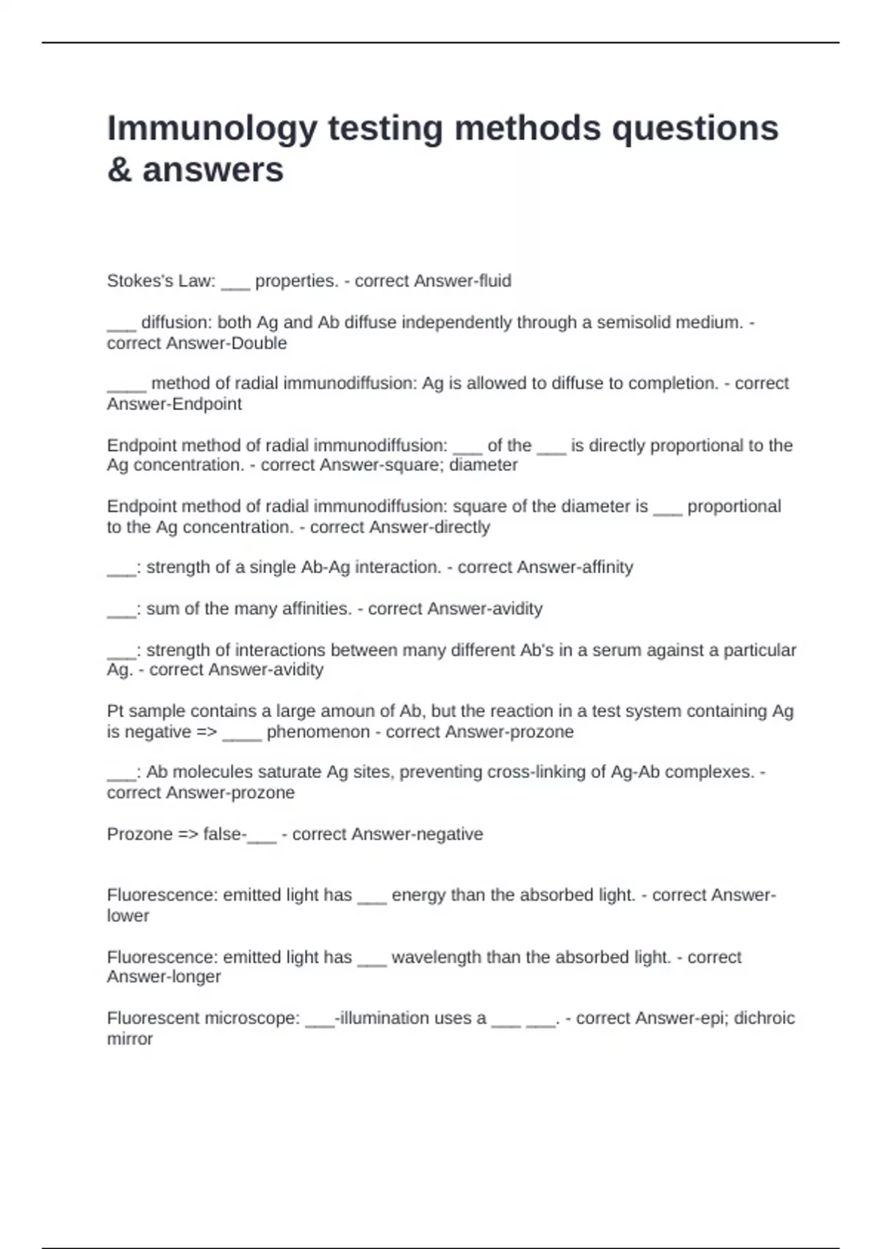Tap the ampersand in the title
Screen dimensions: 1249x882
119,170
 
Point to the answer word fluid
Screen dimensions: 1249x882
495,281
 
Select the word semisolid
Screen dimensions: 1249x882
631,323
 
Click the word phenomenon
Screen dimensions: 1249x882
318,732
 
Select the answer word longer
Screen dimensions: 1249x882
195,977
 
